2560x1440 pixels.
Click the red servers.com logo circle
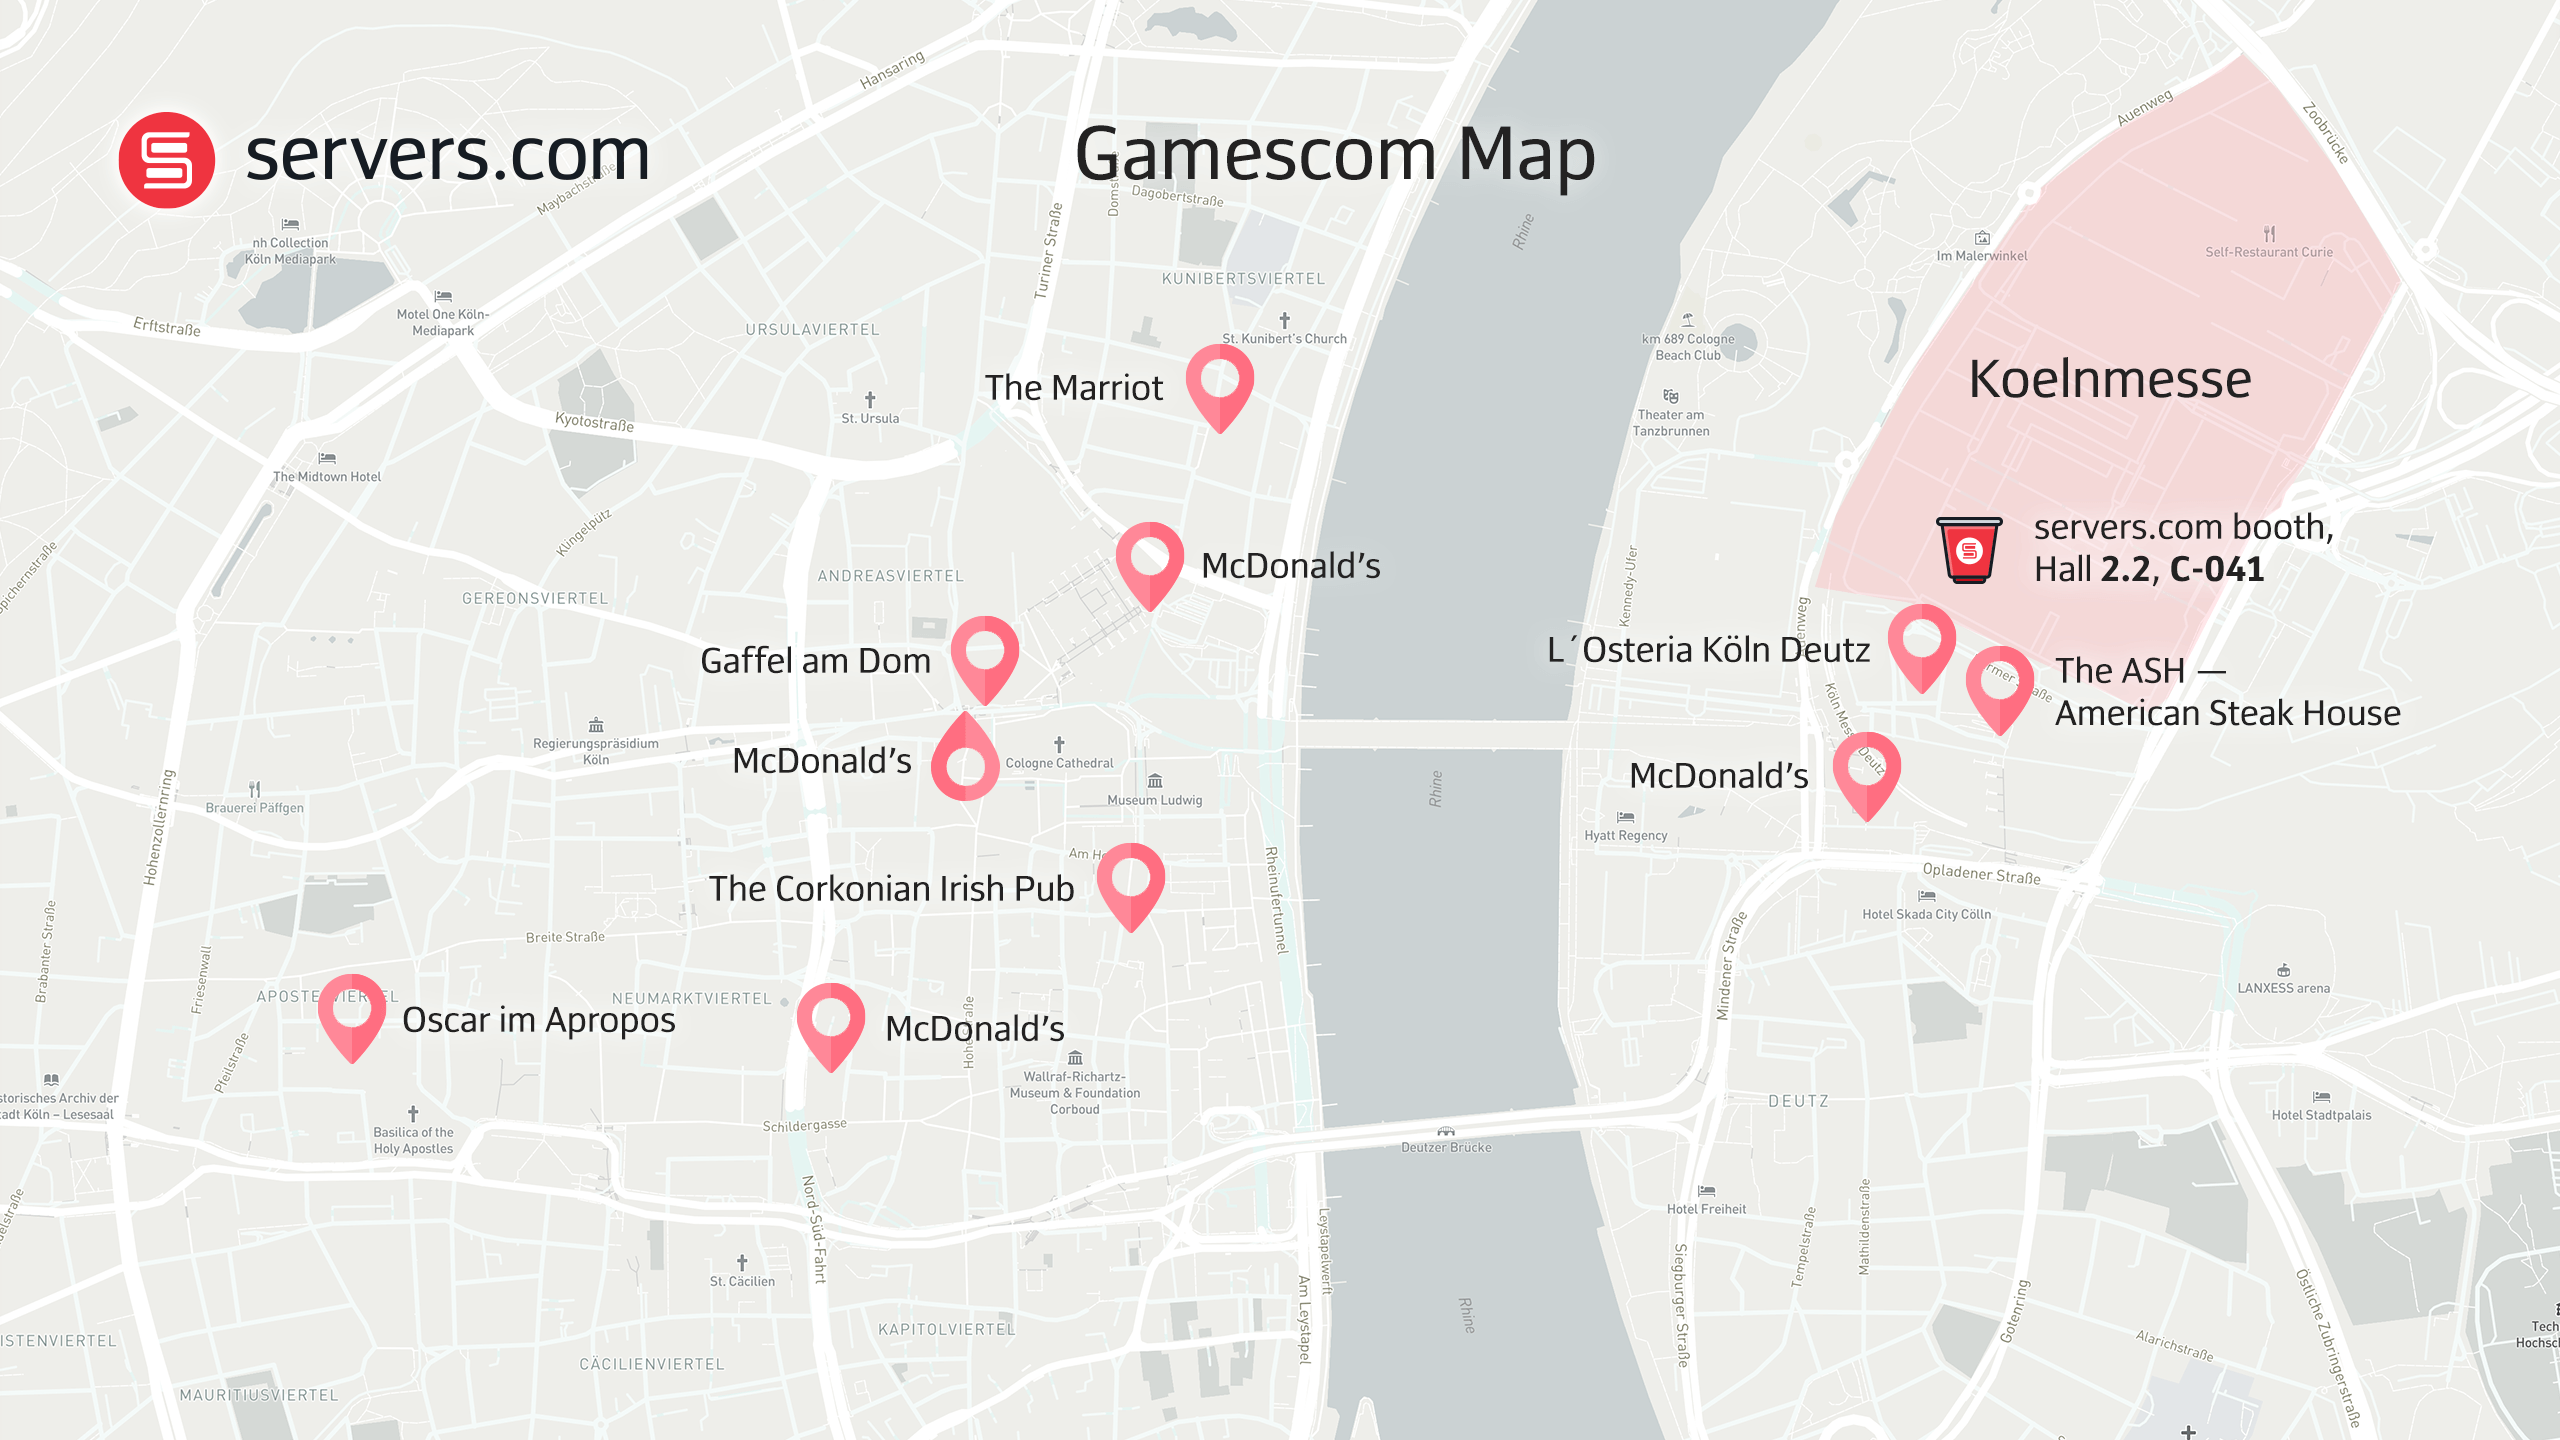click(x=166, y=160)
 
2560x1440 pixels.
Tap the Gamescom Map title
click(x=1334, y=155)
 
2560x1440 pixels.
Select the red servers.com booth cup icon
click(x=1969, y=549)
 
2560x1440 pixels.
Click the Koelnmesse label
click(x=2110, y=379)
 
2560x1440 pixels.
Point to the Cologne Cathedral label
click(x=1059, y=763)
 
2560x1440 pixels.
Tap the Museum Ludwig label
click(x=1154, y=800)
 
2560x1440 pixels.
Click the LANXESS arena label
click(x=2283, y=988)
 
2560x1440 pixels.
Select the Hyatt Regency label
click(x=1625, y=836)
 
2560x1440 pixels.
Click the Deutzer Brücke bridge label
click(x=1446, y=1147)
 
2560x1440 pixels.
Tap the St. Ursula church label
click(x=870, y=418)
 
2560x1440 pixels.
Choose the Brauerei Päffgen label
click(x=254, y=808)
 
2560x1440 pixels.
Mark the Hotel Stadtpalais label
click(x=2321, y=1115)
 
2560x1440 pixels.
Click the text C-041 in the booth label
click(x=2216, y=569)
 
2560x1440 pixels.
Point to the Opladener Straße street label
click(x=1981, y=874)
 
